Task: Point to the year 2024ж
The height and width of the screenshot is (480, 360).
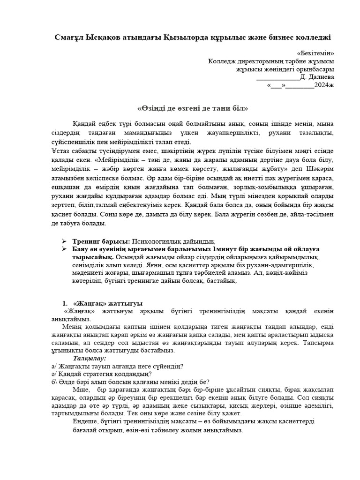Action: tap(324, 85)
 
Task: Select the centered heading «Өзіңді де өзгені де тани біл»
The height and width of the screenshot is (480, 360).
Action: tap(193, 108)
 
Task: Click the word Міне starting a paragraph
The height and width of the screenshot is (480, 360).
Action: tap(81, 390)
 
